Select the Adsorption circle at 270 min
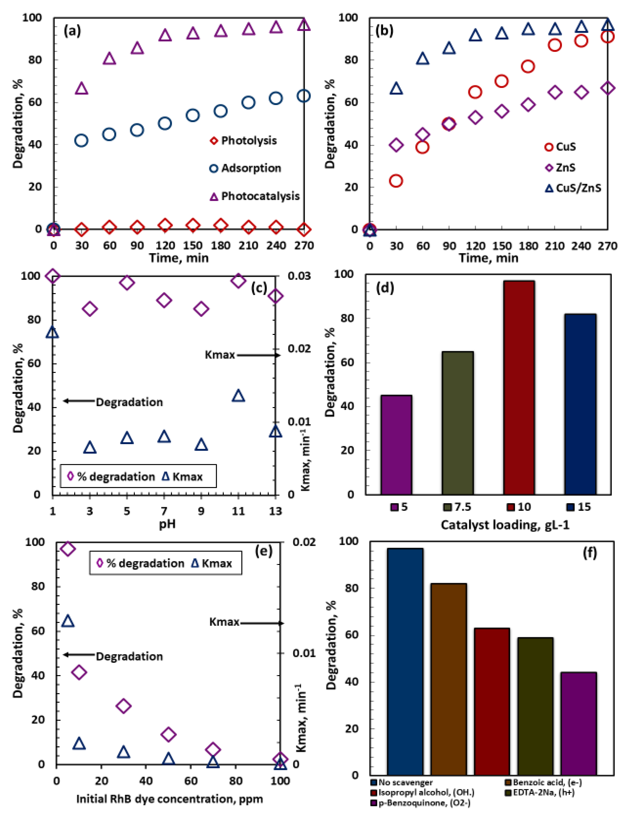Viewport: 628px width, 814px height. pyautogui.click(x=304, y=96)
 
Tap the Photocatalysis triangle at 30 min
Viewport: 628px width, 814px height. pyautogui.click(x=82, y=88)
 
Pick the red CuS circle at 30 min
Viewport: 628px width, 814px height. pyautogui.click(x=396, y=181)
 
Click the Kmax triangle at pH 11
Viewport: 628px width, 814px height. pyautogui.click(x=238, y=396)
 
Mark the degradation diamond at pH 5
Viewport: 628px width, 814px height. pyautogui.click(x=127, y=282)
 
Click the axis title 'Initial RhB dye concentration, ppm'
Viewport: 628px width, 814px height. pyautogui.click(x=170, y=799)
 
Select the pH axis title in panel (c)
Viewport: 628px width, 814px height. pyautogui.click(x=167, y=524)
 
